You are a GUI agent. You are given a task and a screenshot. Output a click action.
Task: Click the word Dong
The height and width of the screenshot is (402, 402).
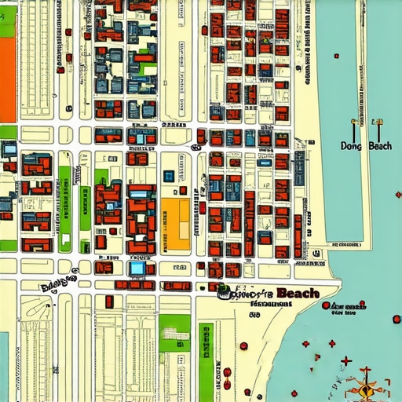coord(350,146)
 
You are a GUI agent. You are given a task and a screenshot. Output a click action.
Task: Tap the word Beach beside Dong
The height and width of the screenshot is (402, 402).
coord(380,146)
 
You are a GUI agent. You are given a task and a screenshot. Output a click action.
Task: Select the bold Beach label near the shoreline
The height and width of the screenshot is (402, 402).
coord(298,293)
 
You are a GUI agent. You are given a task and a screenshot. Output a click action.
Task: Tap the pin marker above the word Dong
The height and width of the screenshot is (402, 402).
coord(353,124)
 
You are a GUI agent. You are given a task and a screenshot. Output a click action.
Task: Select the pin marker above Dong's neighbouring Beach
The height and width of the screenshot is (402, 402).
coord(378,124)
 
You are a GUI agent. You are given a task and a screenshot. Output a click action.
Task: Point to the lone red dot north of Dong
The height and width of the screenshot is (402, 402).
coord(336,56)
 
